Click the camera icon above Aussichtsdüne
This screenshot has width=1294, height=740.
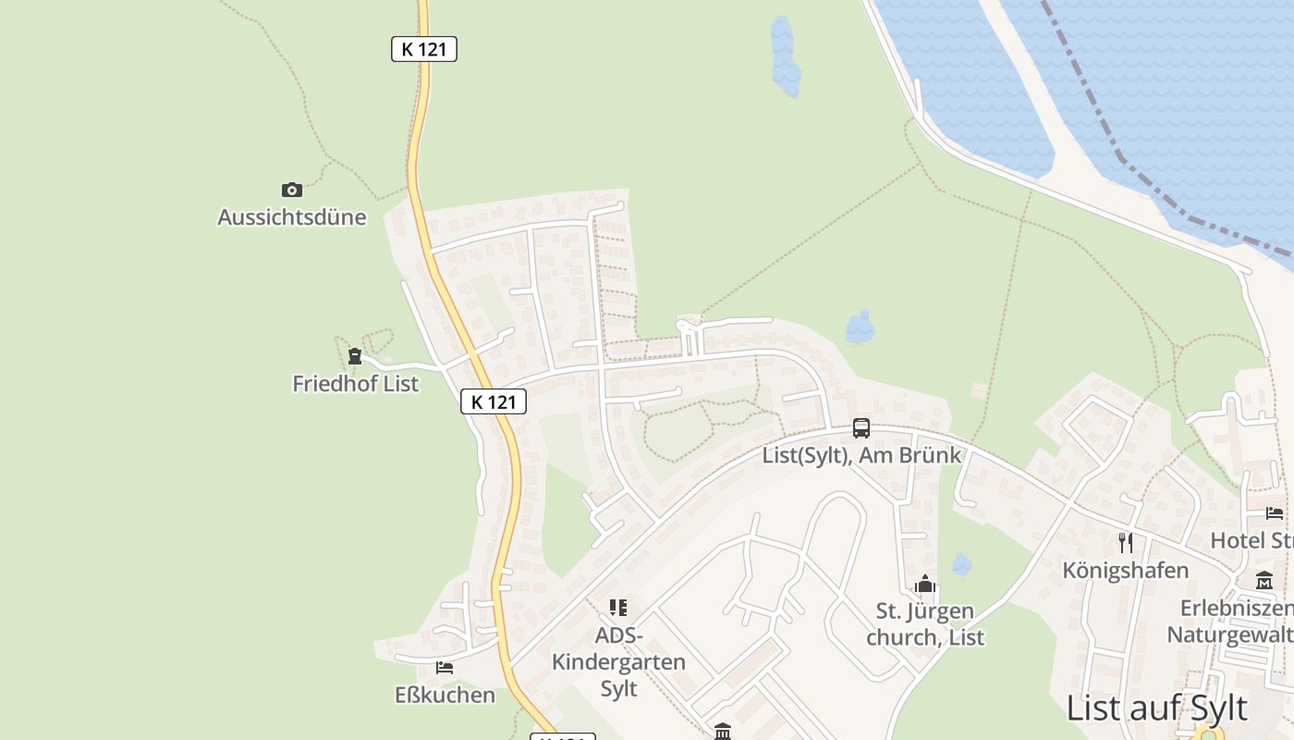292,190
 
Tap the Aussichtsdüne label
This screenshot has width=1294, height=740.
292,217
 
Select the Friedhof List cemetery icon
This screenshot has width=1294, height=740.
355,356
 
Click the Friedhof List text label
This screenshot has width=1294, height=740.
356,383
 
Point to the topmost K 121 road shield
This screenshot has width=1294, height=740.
424,49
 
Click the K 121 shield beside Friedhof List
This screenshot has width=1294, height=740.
494,401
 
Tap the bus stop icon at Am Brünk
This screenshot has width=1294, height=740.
861,428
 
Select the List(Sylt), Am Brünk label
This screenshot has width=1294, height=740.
861,455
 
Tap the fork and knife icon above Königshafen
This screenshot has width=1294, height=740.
1125,543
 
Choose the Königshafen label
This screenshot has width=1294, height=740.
1125,570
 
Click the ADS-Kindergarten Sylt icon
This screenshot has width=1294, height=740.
618,608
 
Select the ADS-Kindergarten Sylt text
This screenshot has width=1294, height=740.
618,662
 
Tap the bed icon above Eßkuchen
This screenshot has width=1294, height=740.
445,667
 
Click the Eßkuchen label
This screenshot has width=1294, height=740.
445,695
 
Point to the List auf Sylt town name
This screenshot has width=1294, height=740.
1156,709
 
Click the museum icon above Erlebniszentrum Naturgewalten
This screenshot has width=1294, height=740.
1264,581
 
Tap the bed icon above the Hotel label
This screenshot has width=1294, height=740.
1275,513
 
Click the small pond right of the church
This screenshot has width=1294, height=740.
962,564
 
